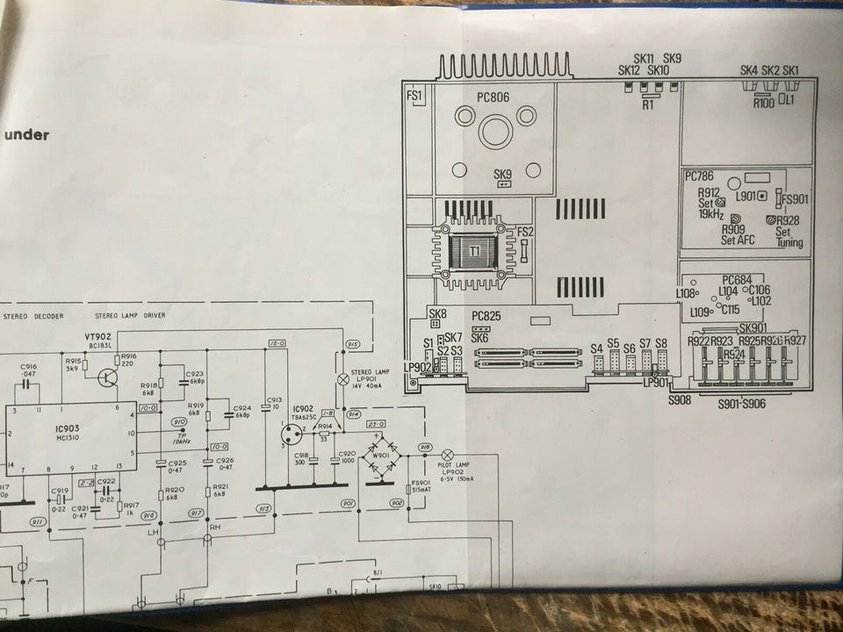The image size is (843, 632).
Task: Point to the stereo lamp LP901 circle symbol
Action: click(343, 380)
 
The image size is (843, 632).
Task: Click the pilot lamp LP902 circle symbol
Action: click(447, 456)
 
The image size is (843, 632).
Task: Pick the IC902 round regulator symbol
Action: click(290, 432)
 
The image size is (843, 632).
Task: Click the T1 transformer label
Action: click(474, 252)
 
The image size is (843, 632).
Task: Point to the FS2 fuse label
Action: click(525, 232)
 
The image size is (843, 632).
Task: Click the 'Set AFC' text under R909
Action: click(739, 240)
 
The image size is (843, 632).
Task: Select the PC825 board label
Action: click(486, 315)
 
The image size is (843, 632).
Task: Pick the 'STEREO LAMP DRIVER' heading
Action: click(130, 315)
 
